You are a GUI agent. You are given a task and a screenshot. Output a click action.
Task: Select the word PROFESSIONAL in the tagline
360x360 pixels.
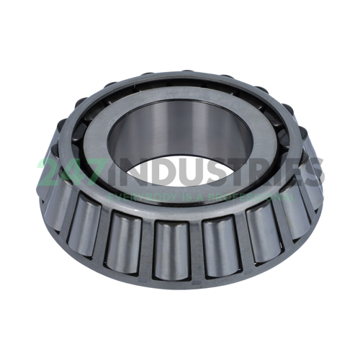(x=245, y=195)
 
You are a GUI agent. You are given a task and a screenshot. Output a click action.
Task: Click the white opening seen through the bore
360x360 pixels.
(x=180, y=173)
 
